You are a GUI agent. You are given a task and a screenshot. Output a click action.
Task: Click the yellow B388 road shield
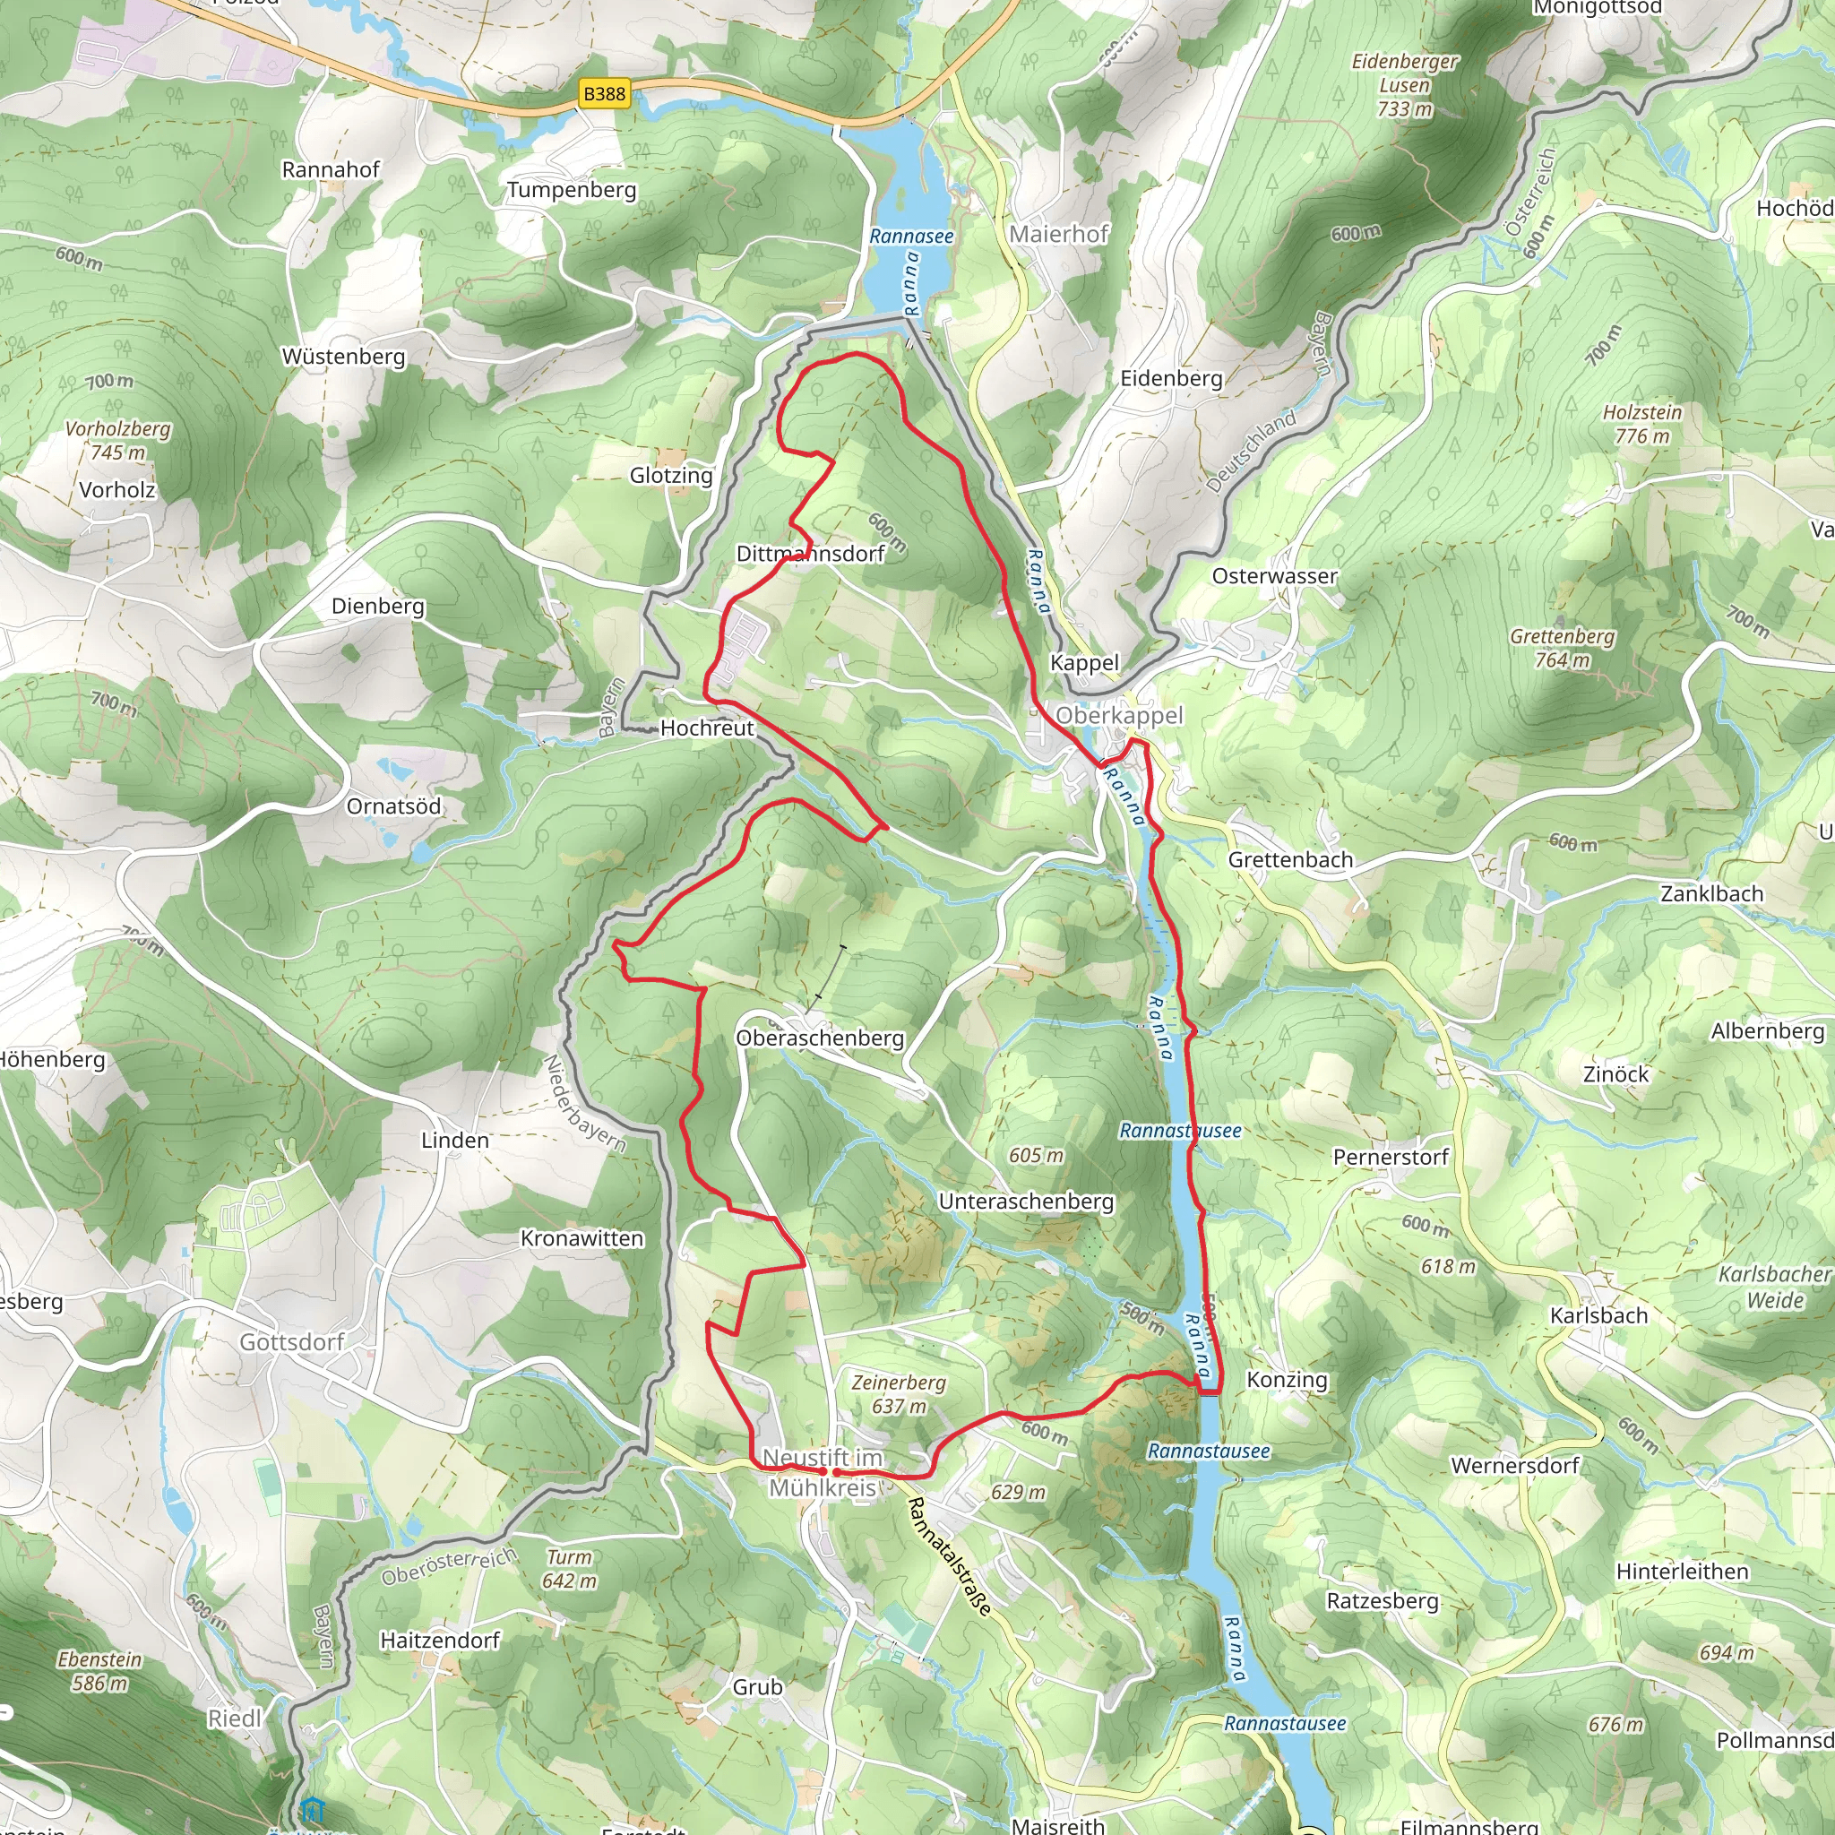[x=604, y=93]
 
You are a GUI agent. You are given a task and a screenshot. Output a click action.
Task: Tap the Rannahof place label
[x=331, y=170]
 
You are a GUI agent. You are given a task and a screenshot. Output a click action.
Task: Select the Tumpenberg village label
[x=571, y=190]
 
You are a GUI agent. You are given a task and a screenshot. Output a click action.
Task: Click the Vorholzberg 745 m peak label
[x=117, y=441]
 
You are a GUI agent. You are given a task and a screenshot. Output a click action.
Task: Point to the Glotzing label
[x=670, y=475]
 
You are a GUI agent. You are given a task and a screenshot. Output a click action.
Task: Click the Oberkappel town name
[x=1119, y=715]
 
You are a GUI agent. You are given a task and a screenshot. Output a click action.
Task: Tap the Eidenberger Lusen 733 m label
[x=1405, y=85]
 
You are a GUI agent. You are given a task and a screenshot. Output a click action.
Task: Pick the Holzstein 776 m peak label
[x=1642, y=425]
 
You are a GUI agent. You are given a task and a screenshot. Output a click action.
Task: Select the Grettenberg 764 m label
[x=1563, y=648]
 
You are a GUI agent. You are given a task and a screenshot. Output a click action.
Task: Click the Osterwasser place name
[x=1275, y=576]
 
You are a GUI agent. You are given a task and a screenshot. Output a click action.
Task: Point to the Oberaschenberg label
[x=820, y=1038]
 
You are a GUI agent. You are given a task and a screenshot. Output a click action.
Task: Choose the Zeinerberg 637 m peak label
[x=899, y=1394]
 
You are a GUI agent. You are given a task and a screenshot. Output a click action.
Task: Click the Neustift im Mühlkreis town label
[x=823, y=1473]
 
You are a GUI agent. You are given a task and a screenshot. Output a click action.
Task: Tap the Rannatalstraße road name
[x=949, y=1555]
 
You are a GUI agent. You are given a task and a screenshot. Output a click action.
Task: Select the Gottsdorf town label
[x=291, y=1342]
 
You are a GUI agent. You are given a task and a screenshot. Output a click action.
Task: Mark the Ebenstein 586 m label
[x=99, y=1672]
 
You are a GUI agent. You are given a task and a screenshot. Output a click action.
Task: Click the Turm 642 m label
[x=569, y=1569]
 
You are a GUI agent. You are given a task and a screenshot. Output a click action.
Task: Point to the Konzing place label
[x=1287, y=1379]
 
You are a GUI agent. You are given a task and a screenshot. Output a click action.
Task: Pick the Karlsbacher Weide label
[x=1774, y=1287]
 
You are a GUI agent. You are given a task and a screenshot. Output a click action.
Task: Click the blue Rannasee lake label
[x=911, y=237]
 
